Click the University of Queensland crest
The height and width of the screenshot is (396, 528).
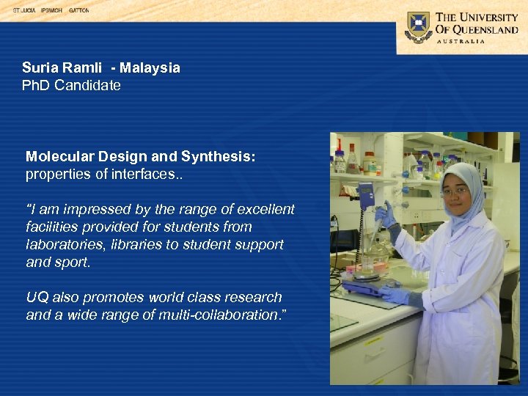pyautogui.click(x=419, y=27)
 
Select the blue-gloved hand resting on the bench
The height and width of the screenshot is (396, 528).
pyautogui.click(x=395, y=295)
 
